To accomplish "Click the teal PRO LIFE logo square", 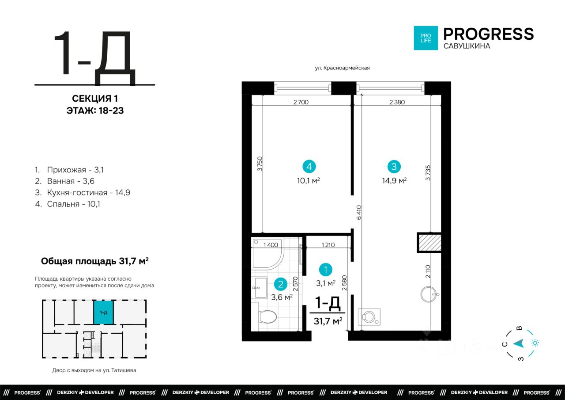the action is pos(426,38).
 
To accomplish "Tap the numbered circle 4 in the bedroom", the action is pos(309,167).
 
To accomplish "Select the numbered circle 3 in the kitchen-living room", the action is pos(394,167).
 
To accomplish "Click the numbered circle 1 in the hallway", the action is pos(325,270).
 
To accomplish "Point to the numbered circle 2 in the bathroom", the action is pos(280,284).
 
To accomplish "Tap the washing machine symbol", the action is pos(369,316).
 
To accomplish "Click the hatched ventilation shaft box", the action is pos(429,243).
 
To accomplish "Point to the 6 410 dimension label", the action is pos(359,212).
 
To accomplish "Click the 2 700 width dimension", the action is pos(301,102).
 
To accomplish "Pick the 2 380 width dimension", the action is pos(397,102).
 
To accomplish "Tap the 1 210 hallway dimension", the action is pos(328,245).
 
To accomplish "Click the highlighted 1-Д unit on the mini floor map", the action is pos(103,312).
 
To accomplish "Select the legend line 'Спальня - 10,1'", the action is pos(68,204).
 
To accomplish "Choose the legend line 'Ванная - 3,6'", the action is pos(65,181).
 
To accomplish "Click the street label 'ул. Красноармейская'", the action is pos(342,68).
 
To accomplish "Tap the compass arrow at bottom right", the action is pos(519,343).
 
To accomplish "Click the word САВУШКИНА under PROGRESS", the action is pos(467,46).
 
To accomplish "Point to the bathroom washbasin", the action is pos(260,288).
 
